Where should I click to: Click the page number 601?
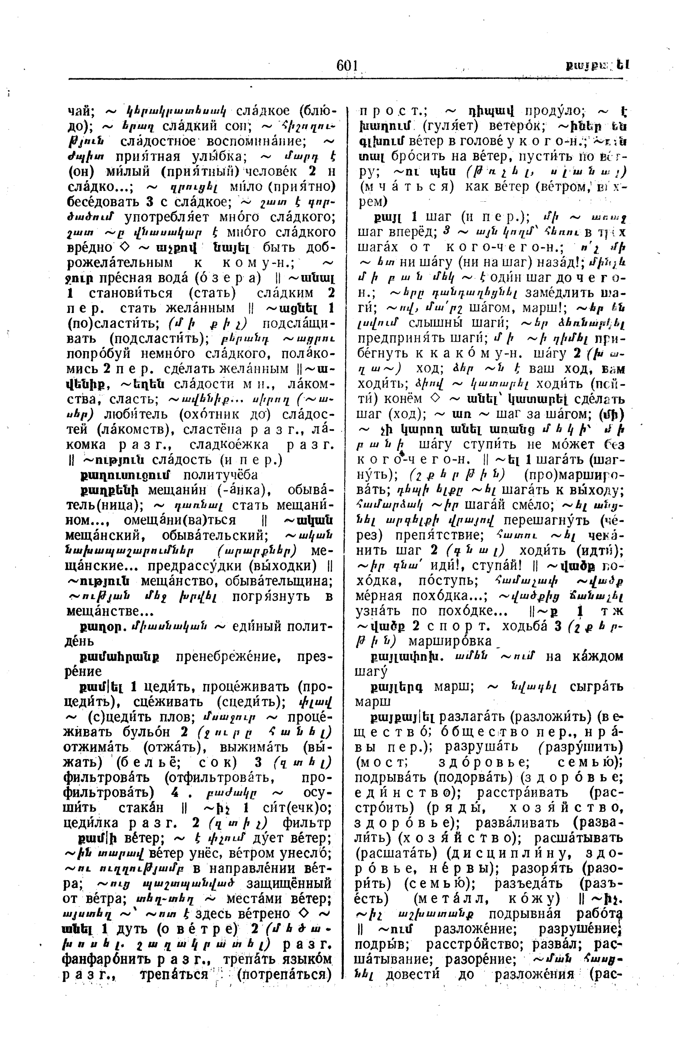pyautogui.click(x=347, y=66)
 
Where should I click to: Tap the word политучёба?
pyautogui.click(x=220, y=475)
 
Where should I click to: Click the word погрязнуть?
pyautogui.click(x=274, y=596)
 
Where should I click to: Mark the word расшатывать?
pyautogui.click(x=579, y=839)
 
